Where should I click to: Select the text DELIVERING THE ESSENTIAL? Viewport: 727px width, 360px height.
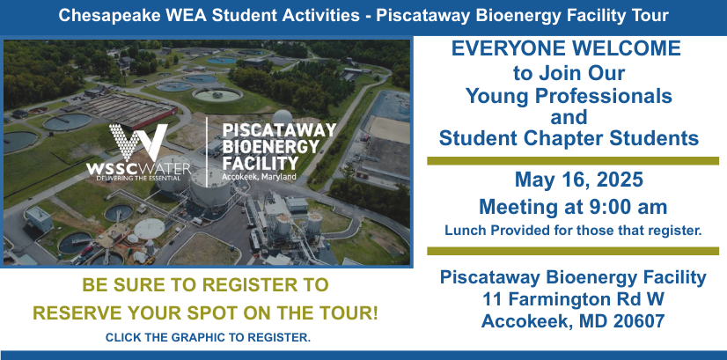(138, 177)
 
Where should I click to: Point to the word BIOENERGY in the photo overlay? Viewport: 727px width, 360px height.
(271, 147)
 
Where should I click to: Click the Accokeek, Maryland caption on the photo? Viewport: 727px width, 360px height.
(259, 177)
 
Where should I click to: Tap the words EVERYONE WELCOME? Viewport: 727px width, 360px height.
(566, 49)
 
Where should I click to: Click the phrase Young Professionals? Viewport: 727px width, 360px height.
(569, 97)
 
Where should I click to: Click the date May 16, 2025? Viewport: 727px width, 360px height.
(578, 180)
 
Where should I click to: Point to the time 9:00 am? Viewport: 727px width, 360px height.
(621, 207)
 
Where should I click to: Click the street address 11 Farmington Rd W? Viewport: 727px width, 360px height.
(573, 299)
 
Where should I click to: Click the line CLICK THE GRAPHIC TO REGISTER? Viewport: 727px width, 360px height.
(208, 338)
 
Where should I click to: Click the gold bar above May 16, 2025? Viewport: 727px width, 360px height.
(573, 161)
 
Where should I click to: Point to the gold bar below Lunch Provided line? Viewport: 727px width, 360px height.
(573, 251)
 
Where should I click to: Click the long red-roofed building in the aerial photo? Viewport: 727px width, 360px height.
(128, 110)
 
